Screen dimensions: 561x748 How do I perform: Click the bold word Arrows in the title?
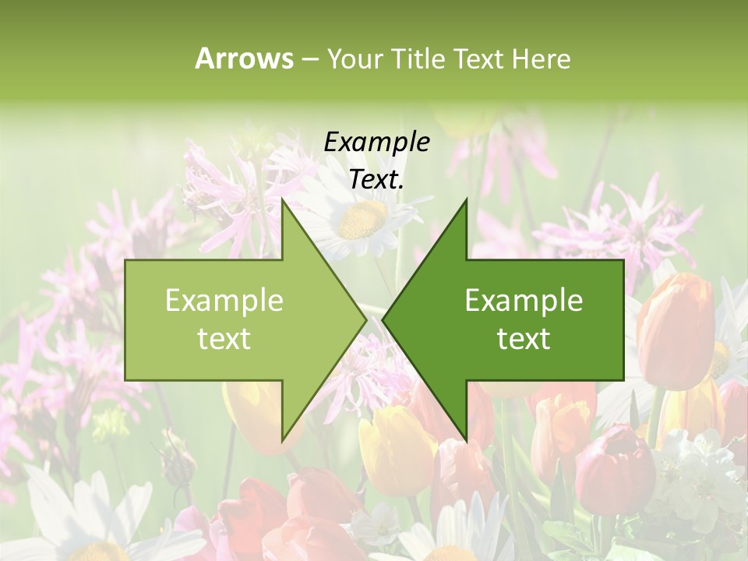(x=244, y=58)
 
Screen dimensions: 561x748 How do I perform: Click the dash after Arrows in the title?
(x=309, y=59)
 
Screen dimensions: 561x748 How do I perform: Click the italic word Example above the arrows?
(x=376, y=143)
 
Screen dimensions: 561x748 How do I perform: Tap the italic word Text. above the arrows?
(x=376, y=180)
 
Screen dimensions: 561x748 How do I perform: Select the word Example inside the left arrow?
(x=224, y=301)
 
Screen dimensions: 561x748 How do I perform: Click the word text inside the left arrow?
(x=224, y=339)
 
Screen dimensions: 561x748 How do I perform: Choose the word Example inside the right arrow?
(x=524, y=301)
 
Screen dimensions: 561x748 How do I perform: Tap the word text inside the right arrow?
(x=524, y=339)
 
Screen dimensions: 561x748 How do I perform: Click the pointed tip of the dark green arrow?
(x=384, y=319)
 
